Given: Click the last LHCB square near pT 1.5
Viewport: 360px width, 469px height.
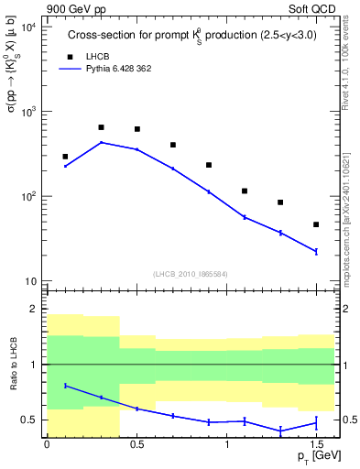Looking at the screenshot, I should pyautogui.click(x=316, y=224).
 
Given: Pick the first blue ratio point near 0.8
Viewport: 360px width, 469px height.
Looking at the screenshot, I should pyautogui.click(x=65, y=386).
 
